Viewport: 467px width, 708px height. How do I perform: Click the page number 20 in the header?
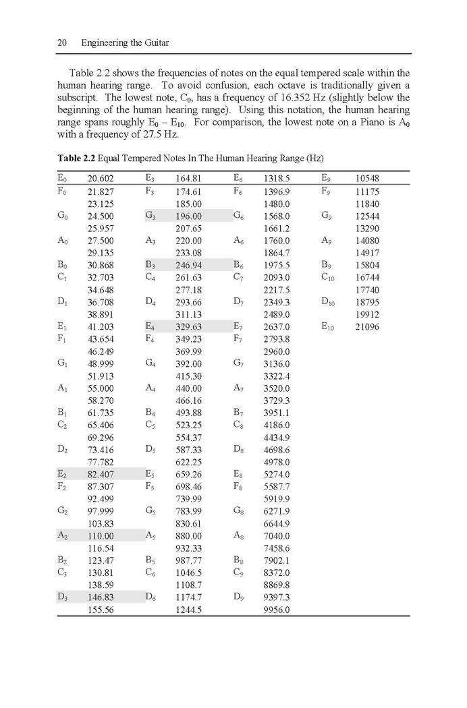click(61, 43)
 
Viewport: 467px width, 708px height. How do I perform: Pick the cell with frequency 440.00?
click(188, 388)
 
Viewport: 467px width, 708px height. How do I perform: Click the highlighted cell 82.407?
click(101, 474)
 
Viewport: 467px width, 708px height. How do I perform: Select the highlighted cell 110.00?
click(101, 536)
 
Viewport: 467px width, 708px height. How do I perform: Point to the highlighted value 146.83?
click(101, 597)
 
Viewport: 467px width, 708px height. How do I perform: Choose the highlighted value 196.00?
click(188, 216)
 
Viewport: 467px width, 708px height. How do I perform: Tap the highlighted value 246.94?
click(188, 265)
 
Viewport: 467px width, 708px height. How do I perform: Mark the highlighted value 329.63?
click(188, 326)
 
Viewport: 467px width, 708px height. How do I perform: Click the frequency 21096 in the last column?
click(367, 326)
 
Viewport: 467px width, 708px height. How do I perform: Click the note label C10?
click(328, 277)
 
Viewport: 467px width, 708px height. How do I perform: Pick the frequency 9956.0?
click(277, 610)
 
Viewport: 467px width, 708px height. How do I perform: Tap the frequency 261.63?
click(188, 277)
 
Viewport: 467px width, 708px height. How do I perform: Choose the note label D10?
click(328, 302)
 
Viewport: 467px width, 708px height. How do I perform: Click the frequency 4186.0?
click(277, 425)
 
